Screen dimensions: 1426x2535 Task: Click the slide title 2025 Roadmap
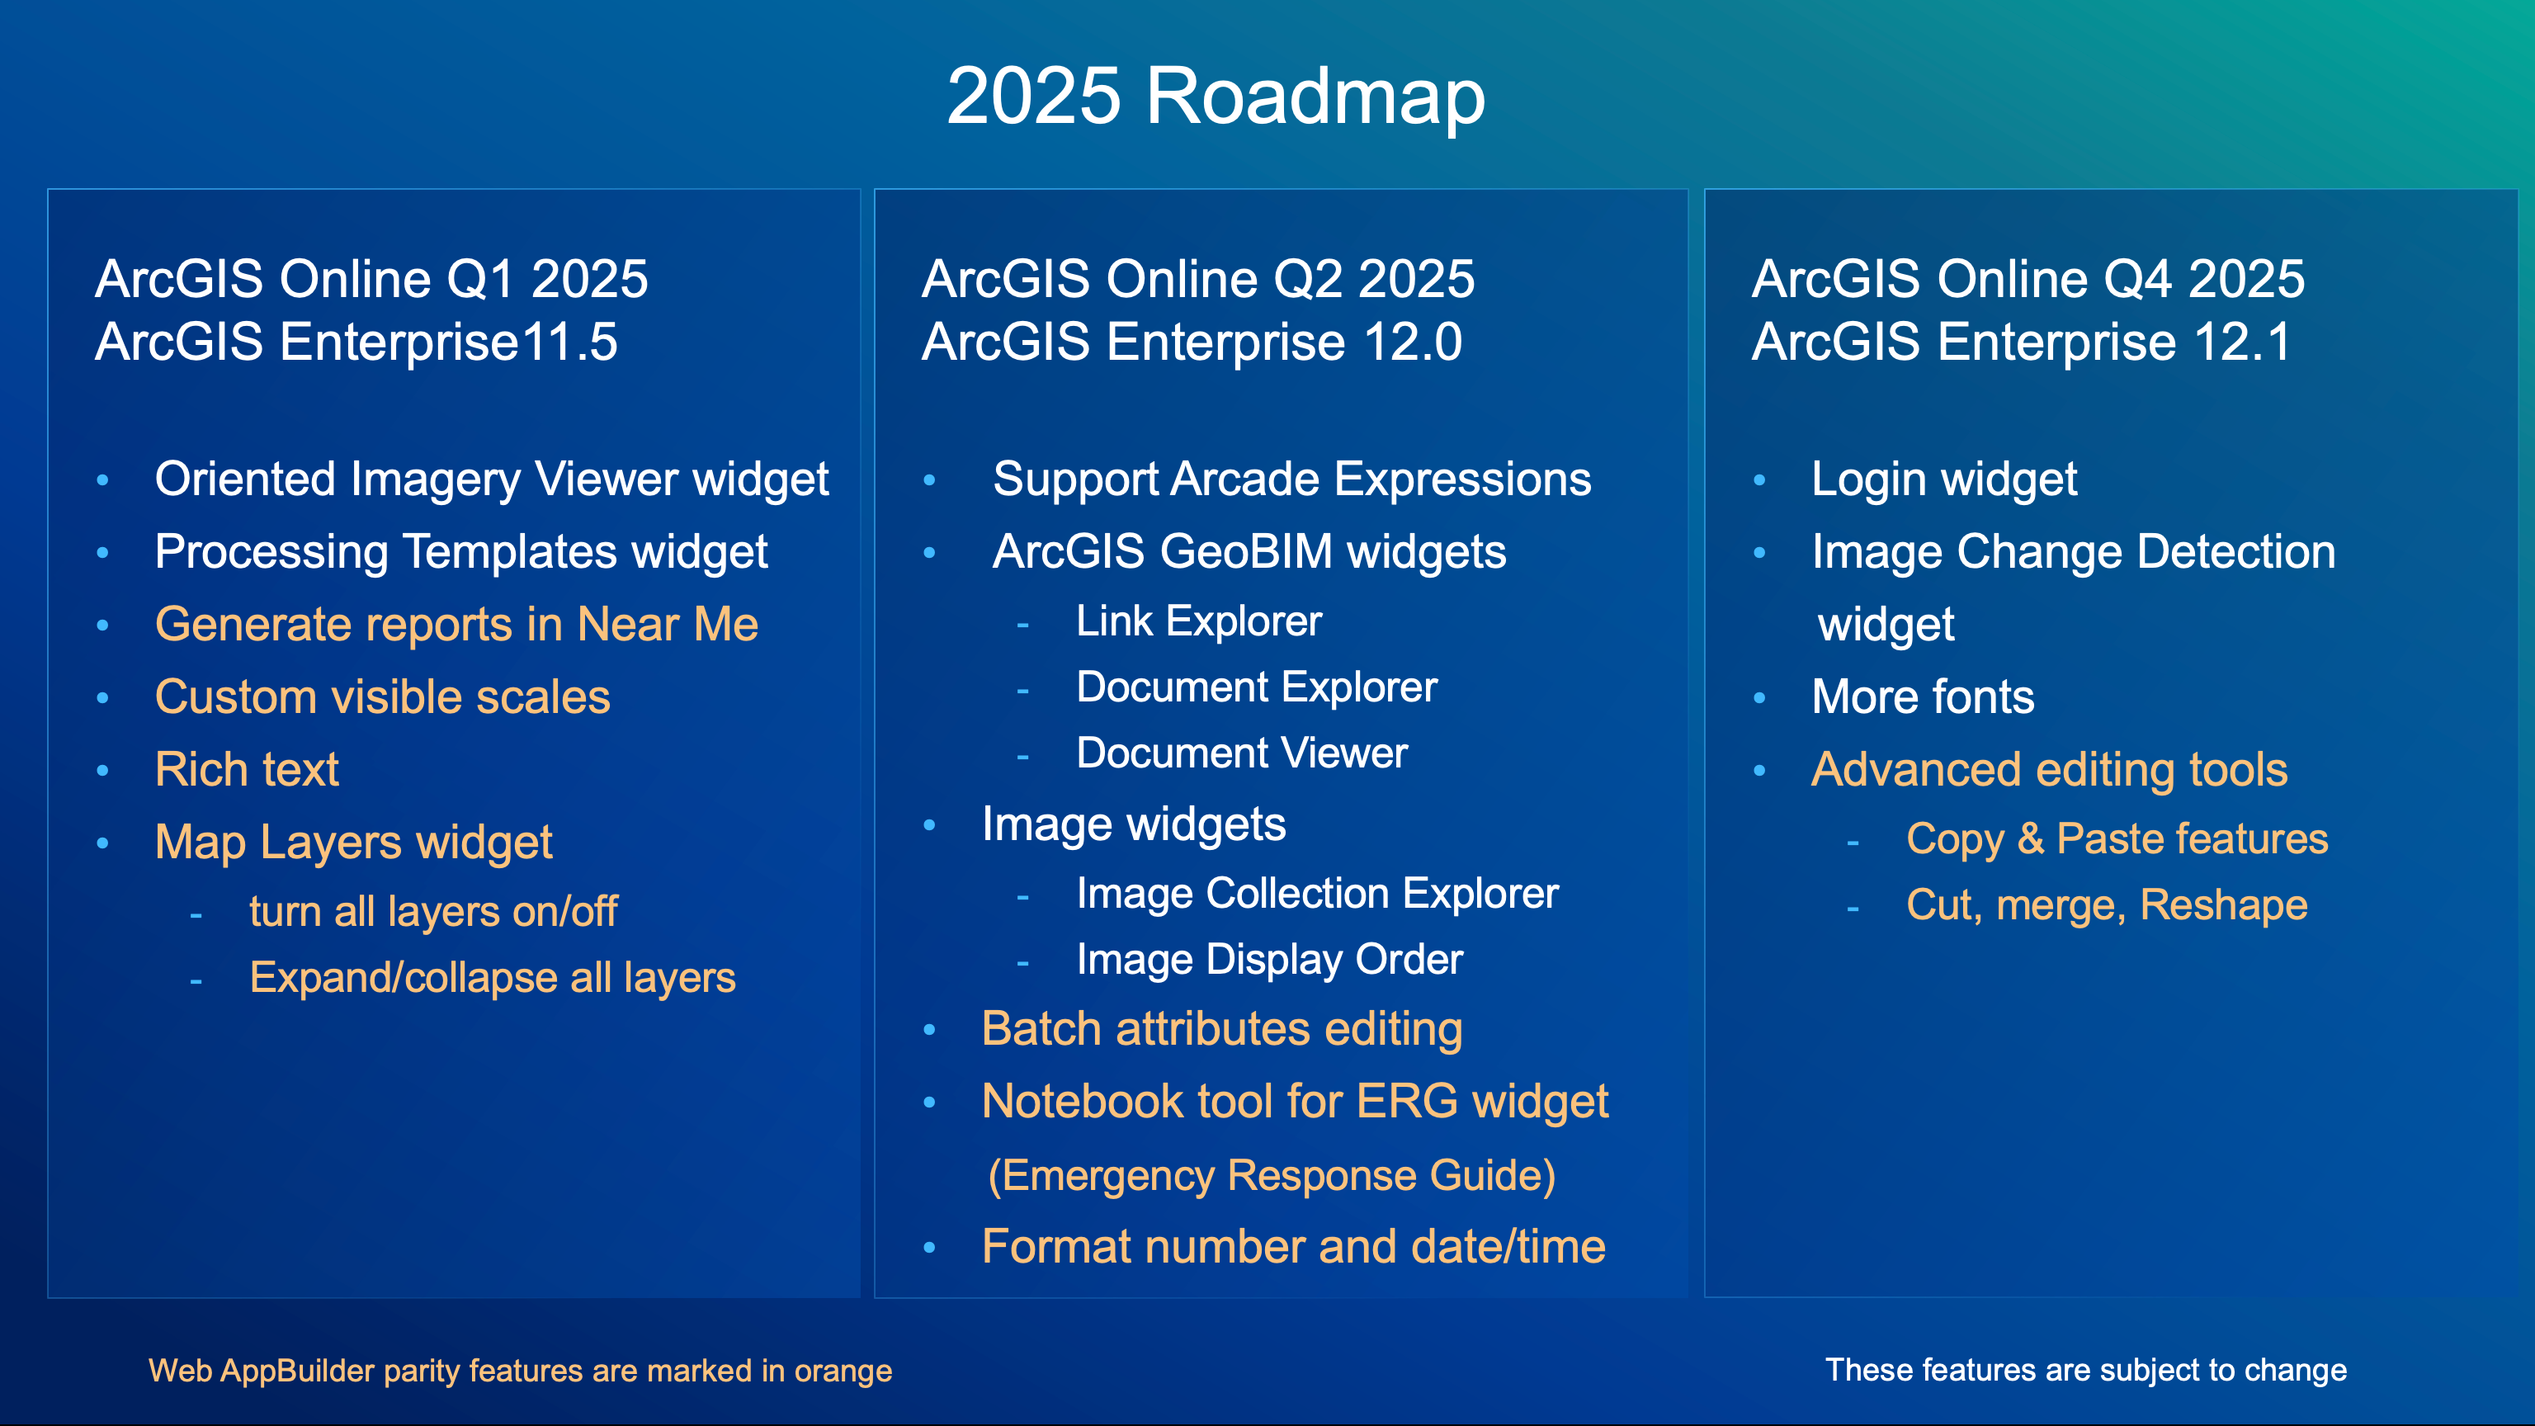1216,97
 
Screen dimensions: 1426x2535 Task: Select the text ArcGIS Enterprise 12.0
1192,342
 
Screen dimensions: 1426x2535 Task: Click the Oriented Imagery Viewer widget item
491,480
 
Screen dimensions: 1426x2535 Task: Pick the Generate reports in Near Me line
456,625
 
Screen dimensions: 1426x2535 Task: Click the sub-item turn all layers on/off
433,911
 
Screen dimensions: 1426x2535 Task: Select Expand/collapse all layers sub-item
492,978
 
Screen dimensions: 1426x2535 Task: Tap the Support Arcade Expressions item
1291,480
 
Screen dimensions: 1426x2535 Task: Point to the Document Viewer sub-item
1242,753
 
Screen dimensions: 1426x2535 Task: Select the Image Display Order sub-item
1269,960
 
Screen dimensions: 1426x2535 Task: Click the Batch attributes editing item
1221,1029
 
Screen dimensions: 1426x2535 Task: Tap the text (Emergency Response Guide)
1272,1176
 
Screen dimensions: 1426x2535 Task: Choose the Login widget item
1943,480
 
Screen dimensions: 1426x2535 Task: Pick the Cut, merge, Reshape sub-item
2106,905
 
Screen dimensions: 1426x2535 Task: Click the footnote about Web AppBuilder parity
520,1371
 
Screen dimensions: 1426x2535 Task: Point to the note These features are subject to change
2085,1370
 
